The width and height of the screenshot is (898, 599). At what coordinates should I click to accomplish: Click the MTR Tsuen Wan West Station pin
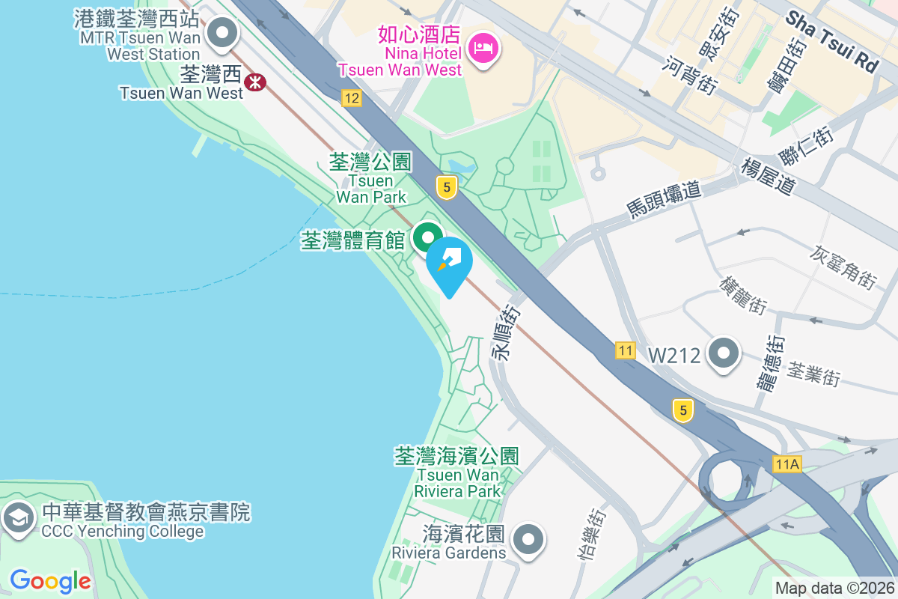(x=222, y=34)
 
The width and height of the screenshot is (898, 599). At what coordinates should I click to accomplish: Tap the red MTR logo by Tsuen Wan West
(x=255, y=82)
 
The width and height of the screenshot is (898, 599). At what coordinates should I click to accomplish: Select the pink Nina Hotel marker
(x=484, y=49)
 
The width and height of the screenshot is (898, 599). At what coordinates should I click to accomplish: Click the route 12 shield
(x=351, y=98)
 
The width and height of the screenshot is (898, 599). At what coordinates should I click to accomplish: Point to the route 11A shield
(x=787, y=464)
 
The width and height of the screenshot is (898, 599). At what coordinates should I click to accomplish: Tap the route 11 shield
(x=626, y=350)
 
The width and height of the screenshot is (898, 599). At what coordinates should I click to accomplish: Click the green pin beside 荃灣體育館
(x=427, y=239)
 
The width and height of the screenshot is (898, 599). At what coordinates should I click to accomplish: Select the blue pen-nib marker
(x=450, y=263)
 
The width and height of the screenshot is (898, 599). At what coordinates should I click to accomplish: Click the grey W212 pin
(x=724, y=353)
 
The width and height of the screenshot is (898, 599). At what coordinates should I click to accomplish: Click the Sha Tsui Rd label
(x=831, y=41)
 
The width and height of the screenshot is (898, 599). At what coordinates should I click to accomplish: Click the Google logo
(x=50, y=580)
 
